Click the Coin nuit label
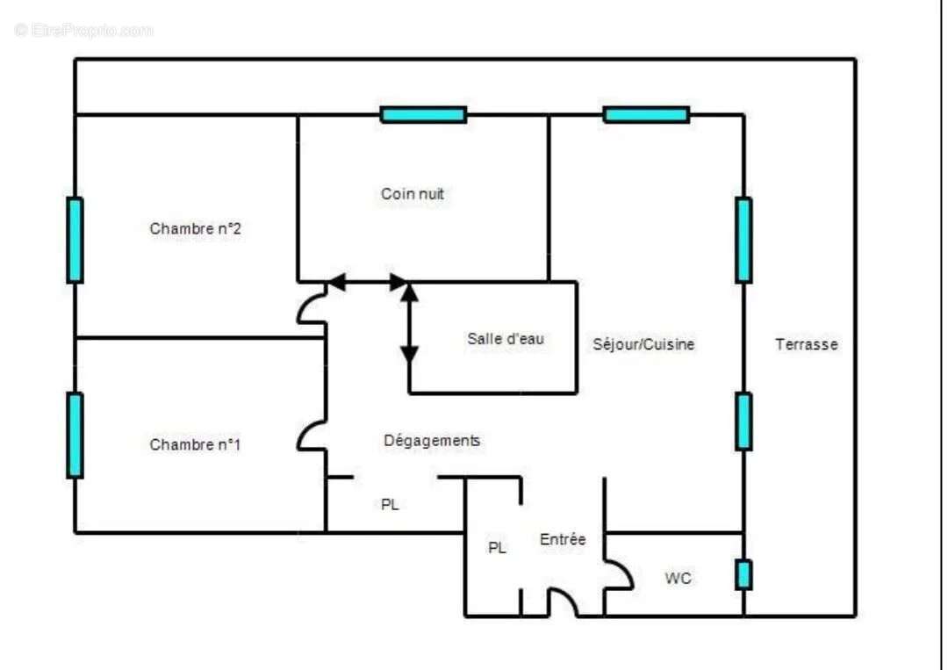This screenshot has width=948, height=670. [x=413, y=194]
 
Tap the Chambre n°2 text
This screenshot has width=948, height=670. [x=195, y=228]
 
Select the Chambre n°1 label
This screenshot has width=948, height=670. [x=195, y=444]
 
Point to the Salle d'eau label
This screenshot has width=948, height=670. [x=506, y=339]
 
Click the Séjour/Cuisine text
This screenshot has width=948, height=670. [x=643, y=345]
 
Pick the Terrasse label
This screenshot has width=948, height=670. [x=807, y=345]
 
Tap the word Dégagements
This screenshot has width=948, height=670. [x=432, y=441]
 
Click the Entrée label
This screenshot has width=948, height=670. [x=563, y=539]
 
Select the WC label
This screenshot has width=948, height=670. [x=678, y=579]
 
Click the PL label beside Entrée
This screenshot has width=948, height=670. [x=497, y=548]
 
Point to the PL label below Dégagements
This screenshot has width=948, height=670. [x=390, y=504]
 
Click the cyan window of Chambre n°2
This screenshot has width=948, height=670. [x=75, y=240]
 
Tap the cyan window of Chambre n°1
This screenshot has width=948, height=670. [x=75, y=436]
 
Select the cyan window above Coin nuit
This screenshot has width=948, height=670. [x=423, y=114]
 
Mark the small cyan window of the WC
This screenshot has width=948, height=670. [x=743, y=574]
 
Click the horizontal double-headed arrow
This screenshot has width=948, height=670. [x=368, y=282]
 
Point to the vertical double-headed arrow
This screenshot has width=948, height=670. [x=409, y=323]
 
